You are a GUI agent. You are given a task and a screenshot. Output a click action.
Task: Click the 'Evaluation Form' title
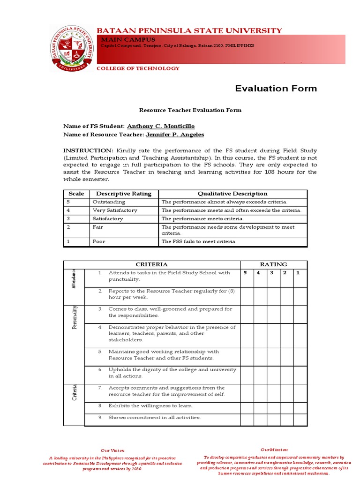tap(276, 88)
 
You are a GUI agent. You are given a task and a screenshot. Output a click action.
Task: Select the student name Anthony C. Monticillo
tap(160, 127)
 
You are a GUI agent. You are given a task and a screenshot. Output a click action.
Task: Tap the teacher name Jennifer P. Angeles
tap(175, 135)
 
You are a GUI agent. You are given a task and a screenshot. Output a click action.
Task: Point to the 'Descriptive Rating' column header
tap(124, 194)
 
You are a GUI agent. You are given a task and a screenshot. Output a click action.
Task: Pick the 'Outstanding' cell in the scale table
tap(109, 202)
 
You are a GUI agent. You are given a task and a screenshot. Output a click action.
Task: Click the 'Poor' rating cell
tap(99, 241)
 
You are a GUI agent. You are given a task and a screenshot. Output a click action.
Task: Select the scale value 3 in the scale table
tap(68, 218)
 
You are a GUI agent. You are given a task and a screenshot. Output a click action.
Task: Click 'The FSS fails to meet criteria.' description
tap(199, 241)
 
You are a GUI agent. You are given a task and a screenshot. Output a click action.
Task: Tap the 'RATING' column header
tap(274, 264)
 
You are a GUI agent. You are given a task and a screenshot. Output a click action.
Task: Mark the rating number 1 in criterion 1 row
tap(298, 272)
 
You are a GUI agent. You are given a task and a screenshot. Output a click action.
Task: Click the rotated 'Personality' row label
tap(74, 317)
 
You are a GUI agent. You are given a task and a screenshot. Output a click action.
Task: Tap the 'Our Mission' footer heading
tap(274, 450)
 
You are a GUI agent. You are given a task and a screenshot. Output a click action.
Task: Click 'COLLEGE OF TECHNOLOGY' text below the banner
tap(138, 68)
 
